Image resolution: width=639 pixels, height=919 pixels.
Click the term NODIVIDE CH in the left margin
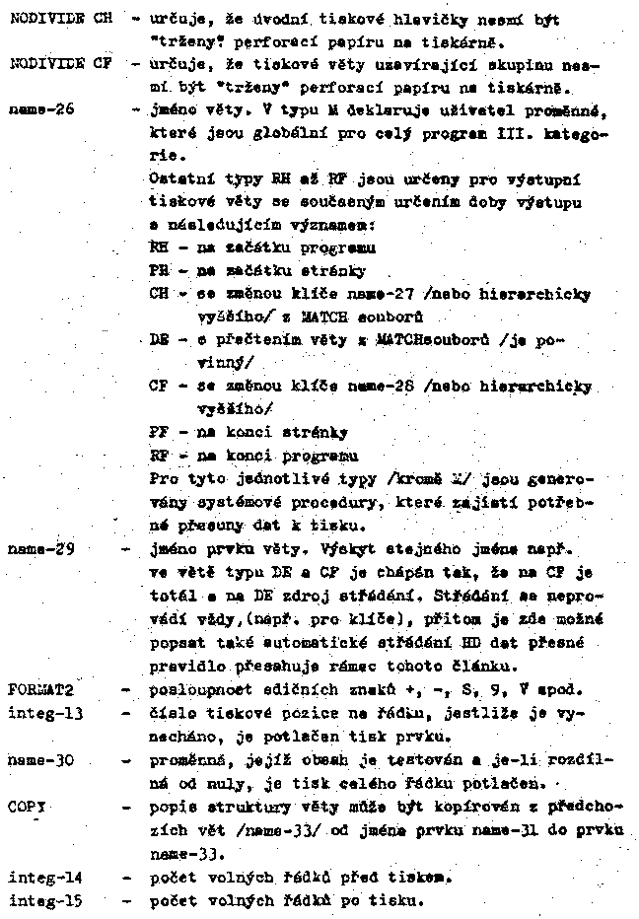click(57, 19)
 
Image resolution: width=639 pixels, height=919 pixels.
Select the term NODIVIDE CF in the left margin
click(57, 63)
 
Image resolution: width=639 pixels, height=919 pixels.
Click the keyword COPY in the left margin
click(28, 808)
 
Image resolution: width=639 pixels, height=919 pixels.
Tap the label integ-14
click(44, 874)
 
